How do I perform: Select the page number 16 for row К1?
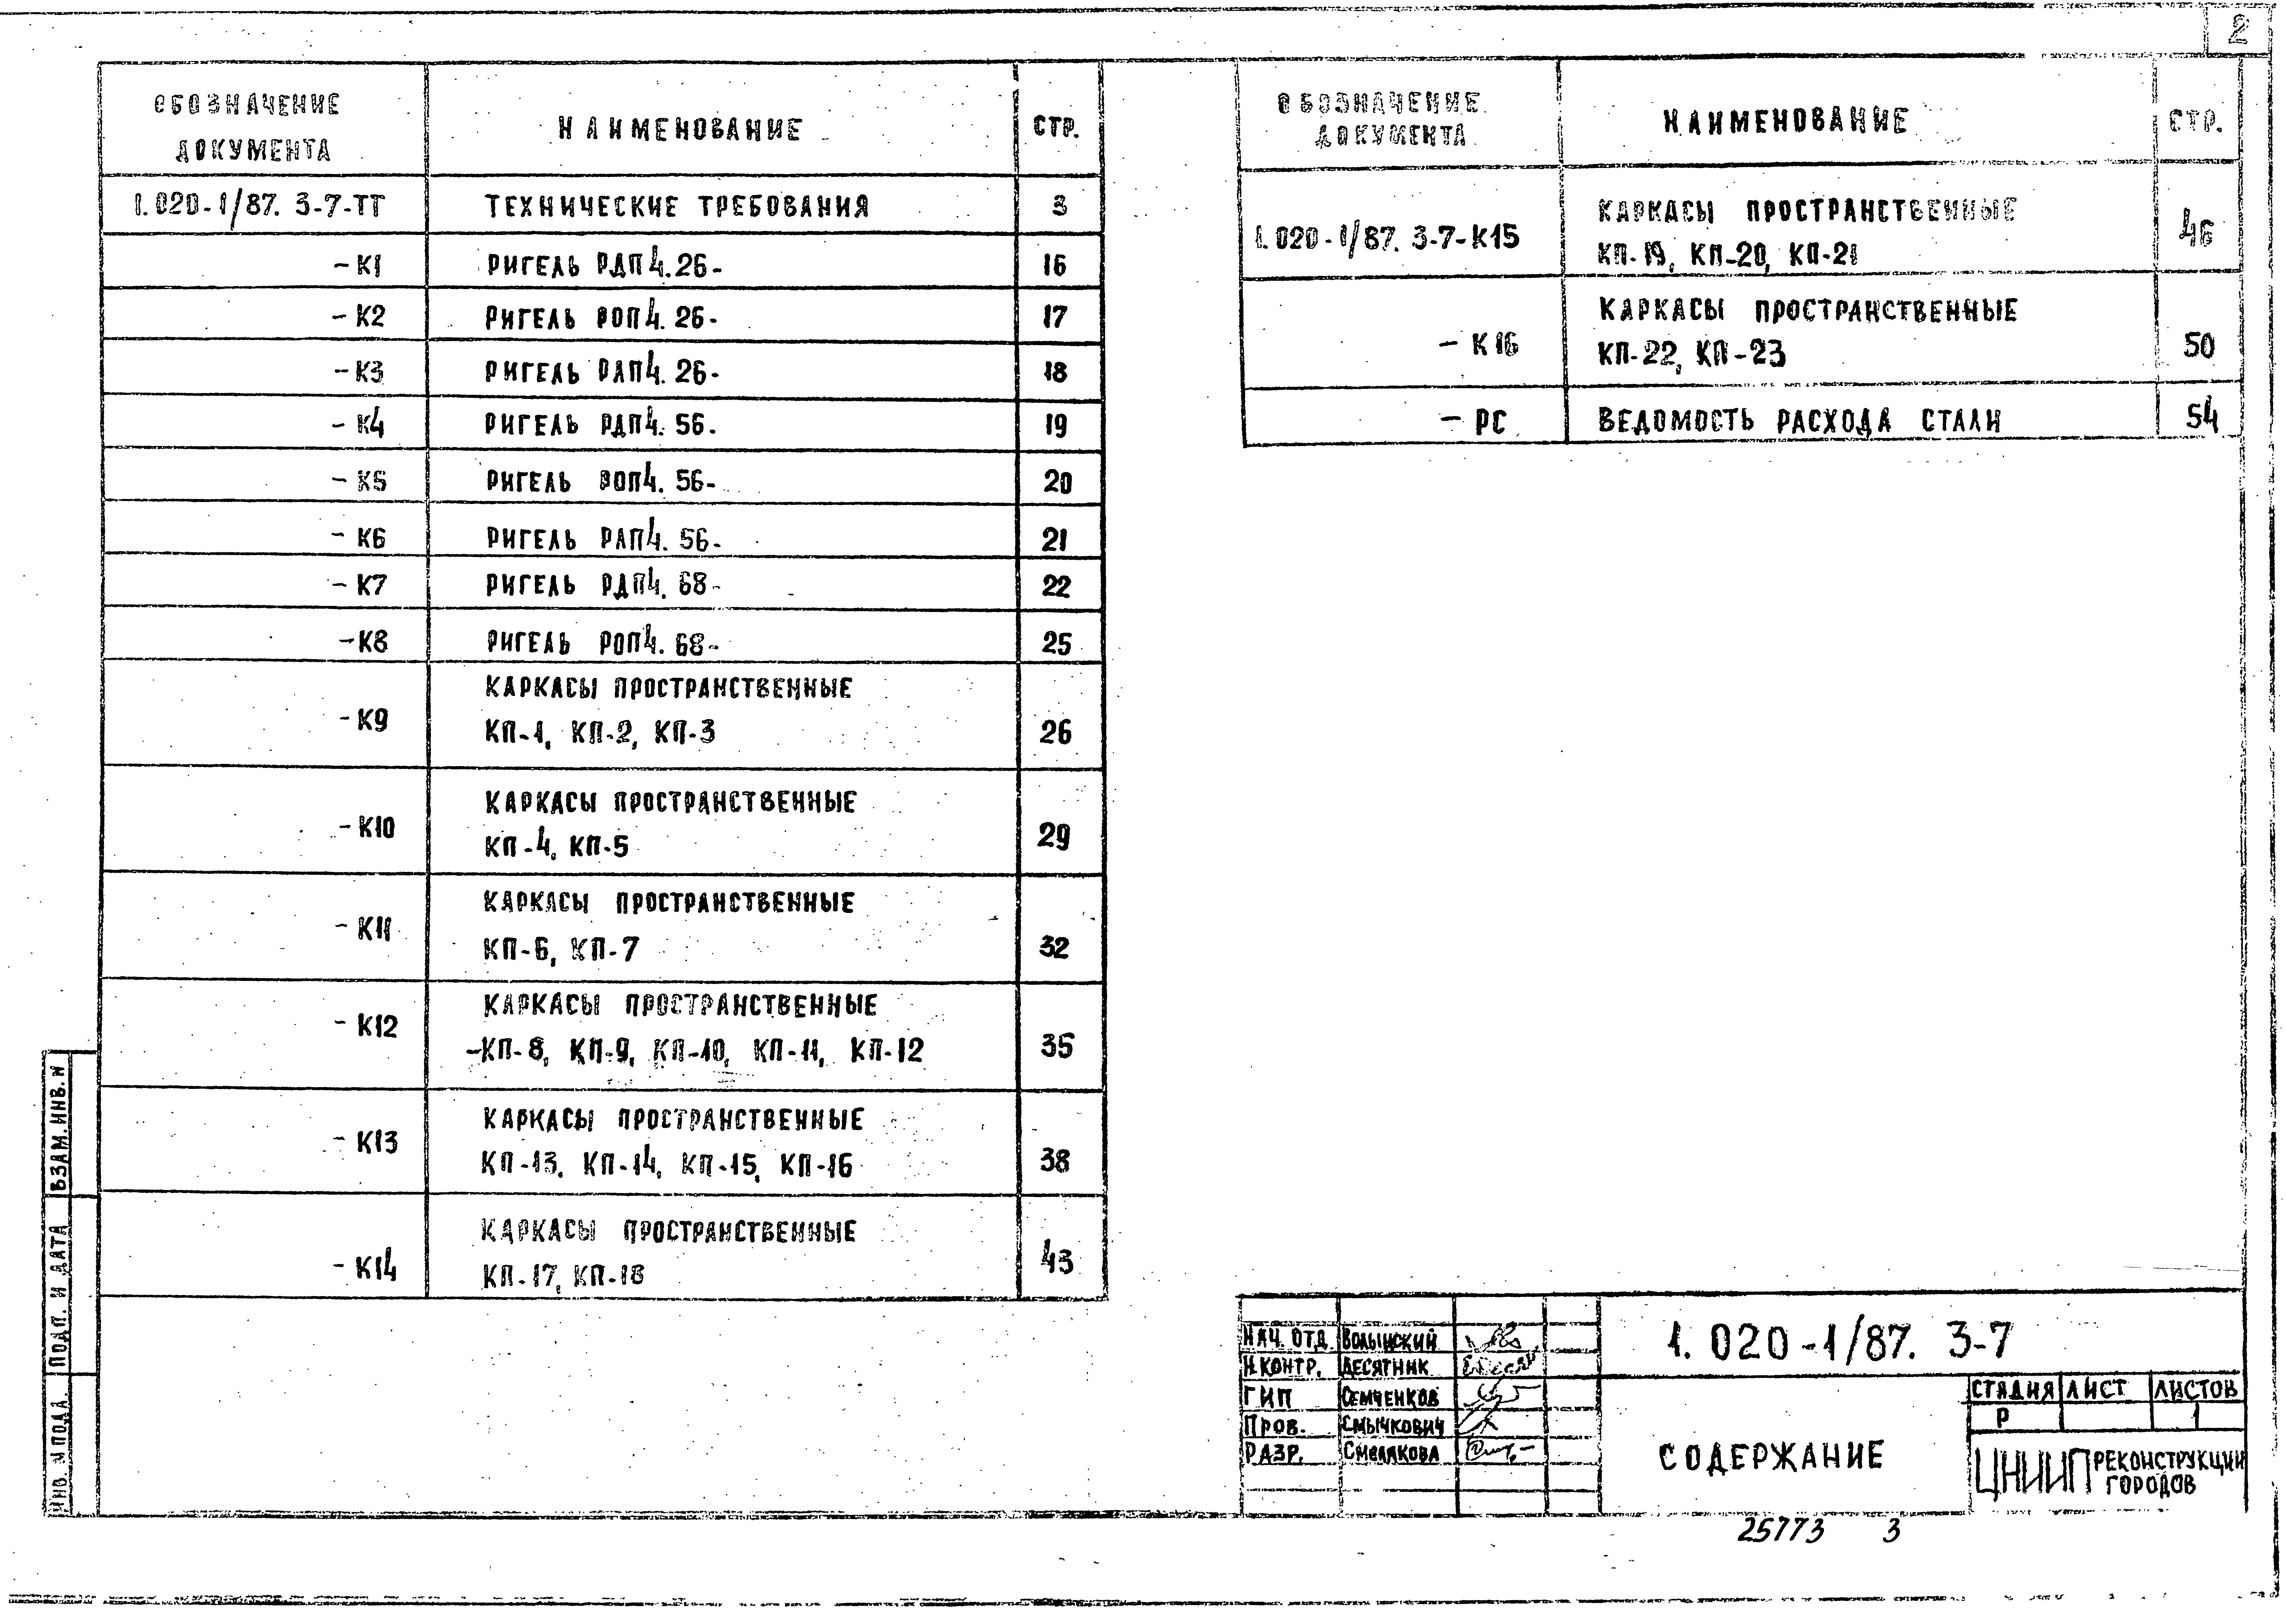1054,265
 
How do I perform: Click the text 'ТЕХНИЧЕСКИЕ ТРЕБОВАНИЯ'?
676,207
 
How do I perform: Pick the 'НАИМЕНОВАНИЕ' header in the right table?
1785,122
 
